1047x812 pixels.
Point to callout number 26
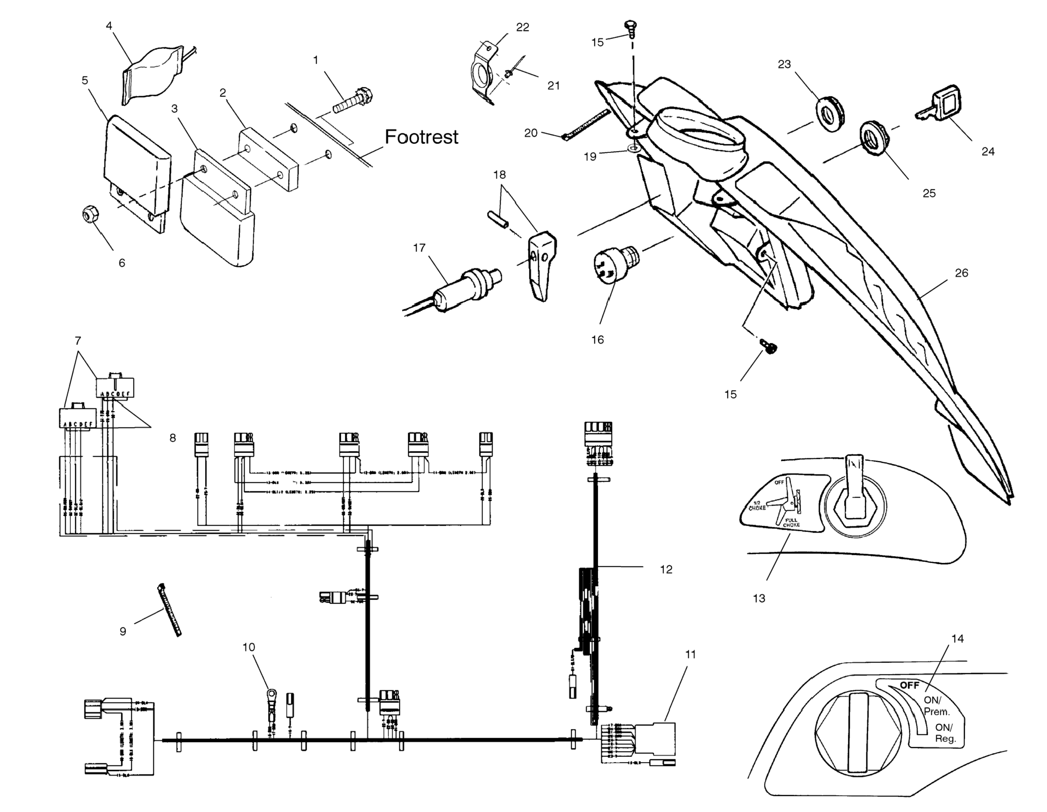click(961, 273)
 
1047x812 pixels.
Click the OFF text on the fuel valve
click(909, 685)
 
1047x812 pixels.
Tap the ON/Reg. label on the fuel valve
click(945, 733)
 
